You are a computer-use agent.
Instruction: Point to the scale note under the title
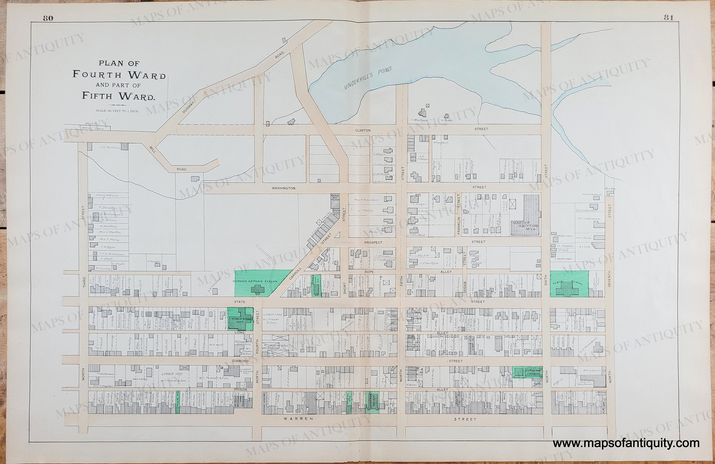(117, 111)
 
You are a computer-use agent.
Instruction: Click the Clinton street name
(363, 130)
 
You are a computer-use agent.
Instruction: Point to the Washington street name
(283, 188)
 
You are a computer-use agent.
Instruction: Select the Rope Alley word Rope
(369, 272)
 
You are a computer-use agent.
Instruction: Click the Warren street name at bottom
(299, 418)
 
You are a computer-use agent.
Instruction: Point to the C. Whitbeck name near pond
(419, 120)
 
